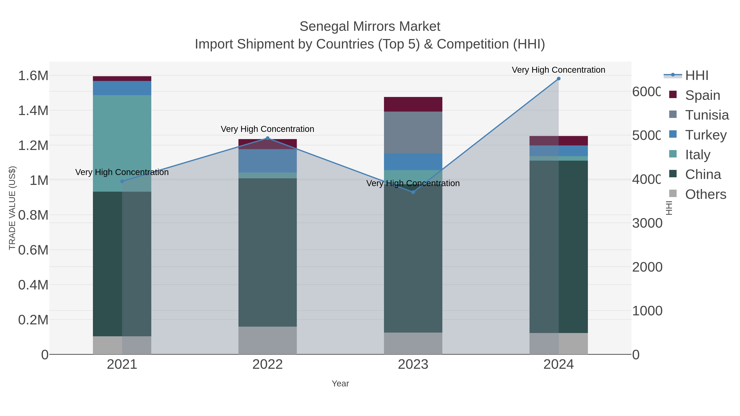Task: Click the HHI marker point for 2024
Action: (558, 79)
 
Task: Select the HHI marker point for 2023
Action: (413, 192)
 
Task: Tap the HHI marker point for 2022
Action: (267, 138)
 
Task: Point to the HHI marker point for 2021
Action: (122, 181)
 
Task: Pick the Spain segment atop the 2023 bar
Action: (413, 104)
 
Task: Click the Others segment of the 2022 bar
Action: (267, 340)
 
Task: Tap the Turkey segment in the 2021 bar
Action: (122, 88)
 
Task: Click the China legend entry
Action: (703, 175)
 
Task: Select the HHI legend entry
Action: (696, 76)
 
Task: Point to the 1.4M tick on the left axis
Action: (33, 111)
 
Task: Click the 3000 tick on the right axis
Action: (647, 223)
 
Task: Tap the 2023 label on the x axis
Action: (413, 365)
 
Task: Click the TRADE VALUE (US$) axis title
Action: (12, 208)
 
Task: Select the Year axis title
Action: (340, 384)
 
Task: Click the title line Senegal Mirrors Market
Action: (370, 27)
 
